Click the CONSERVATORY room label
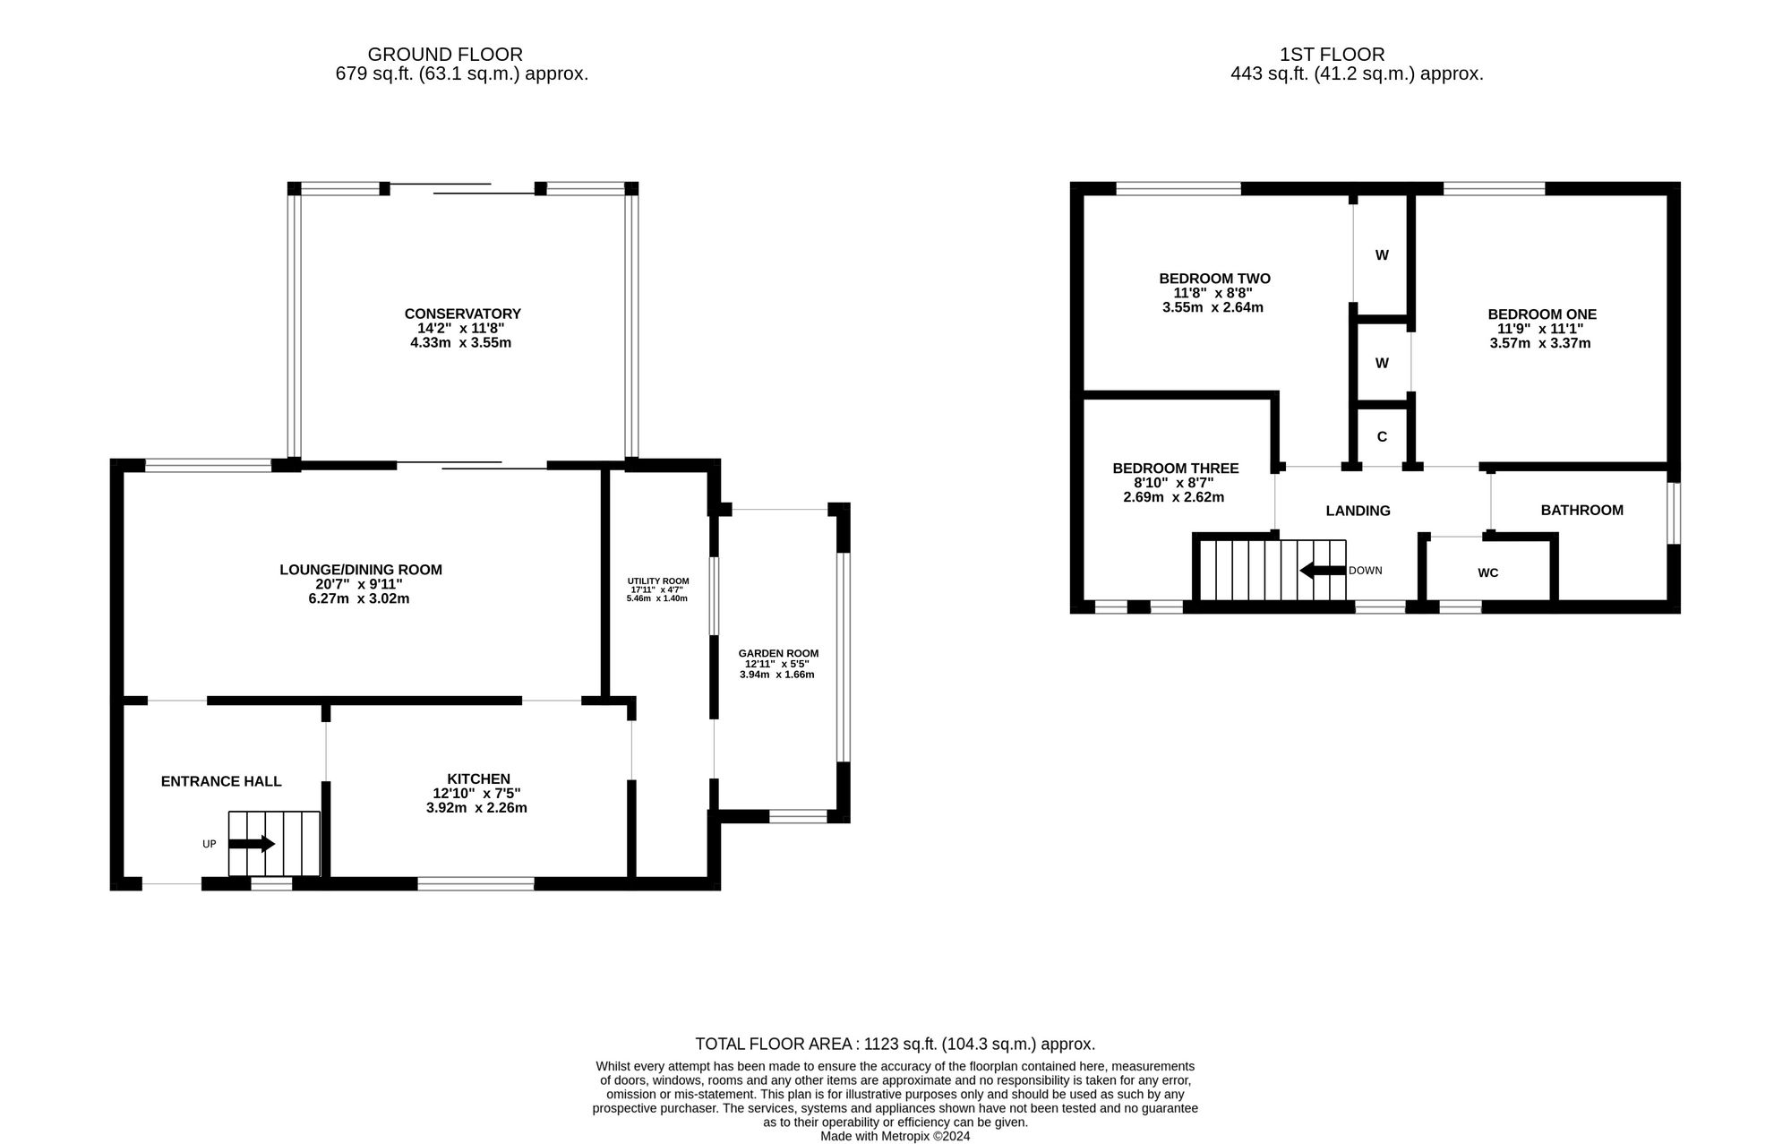click(462, 314)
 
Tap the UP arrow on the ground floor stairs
click(252, 844)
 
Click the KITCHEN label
click(478, 779)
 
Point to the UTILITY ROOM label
click(657, 581)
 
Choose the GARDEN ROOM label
click(777, 654)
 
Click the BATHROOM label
click(1581, 511)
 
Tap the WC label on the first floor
click(1487, 573)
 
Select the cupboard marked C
click(1382, 437)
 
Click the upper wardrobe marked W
click(1382, 255)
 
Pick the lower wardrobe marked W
click(1382, 364)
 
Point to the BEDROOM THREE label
click(1175, 469)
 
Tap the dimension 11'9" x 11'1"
click(1541, 329)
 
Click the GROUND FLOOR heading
click(445, 55)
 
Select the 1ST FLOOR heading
click(1333, 55)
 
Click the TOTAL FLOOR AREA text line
click(895, 1044)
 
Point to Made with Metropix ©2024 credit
click(895, 1136)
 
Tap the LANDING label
click(1358, 512)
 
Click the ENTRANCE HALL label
click(221, 782)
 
